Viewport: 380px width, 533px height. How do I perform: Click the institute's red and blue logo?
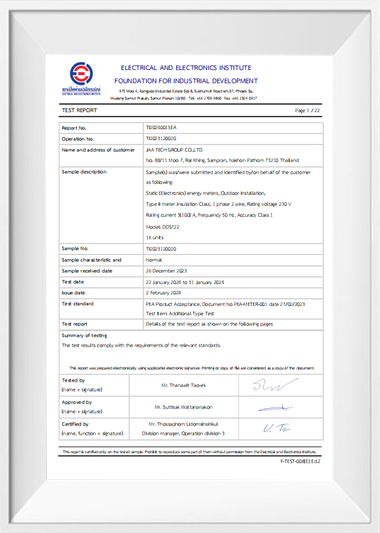coord(81,74)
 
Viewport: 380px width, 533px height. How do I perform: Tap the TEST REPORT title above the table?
coord(80,110)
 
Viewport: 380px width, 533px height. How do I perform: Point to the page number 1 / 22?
coord(307,110)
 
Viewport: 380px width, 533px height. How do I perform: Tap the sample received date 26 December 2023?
coord(166,271)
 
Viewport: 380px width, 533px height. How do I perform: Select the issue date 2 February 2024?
coord(164,293)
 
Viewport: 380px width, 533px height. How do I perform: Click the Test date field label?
coord(73,282)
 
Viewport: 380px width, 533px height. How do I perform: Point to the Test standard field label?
coord(77,303)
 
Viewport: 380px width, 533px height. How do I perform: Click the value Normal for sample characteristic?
coord(154,260)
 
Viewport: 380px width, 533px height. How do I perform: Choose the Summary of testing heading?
coord(84,335)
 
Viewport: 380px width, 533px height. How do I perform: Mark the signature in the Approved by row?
coord(275,408)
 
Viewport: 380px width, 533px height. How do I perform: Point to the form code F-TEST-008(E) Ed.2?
coord(300,461)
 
